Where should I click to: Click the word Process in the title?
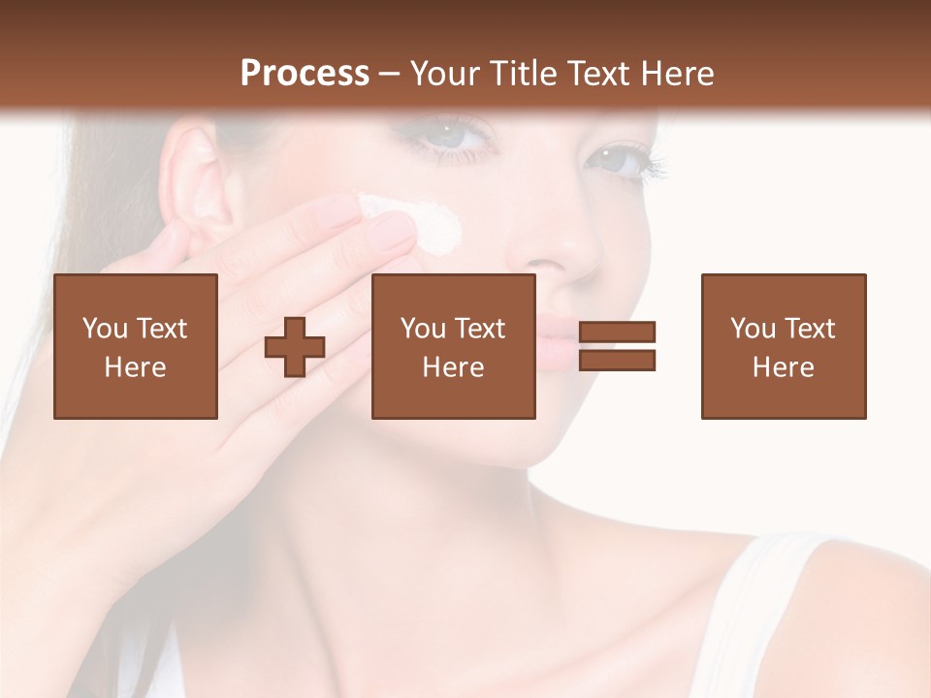pos(305,73)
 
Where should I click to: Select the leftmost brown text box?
pos(136,346)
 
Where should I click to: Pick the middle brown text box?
pos(454,346)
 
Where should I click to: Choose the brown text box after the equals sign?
pos(784,346)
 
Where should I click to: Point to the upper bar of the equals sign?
pos(617,333)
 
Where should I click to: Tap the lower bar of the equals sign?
pos(617,360)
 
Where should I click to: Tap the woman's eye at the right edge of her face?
pos(621,160)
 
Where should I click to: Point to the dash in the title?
pos(390,74)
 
